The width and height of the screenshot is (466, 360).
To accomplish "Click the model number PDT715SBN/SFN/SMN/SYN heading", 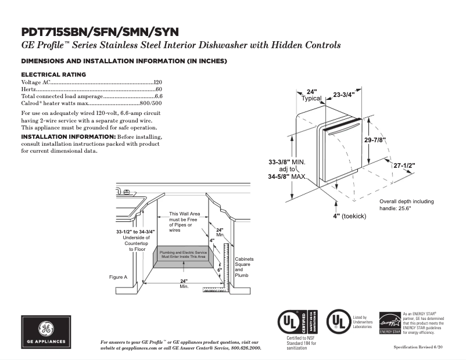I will click(x=100, y=31).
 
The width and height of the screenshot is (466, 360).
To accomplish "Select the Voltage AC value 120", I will click(x=157, y=82).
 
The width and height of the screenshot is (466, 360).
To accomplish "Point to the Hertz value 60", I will click(x=159, y=89).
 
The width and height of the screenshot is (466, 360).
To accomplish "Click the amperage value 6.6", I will click(x=158, y=96).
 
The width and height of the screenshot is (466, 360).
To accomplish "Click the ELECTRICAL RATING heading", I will click(x=53, y=74).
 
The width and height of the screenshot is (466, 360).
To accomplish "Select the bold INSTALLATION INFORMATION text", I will click(x=67, y=136).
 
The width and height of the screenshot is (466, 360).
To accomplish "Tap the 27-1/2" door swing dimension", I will click(x=404, y=165).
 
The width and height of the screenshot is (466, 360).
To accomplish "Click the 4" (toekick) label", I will click(x=349, y=215).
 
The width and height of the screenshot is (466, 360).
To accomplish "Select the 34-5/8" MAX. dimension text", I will click(x=287, y=176).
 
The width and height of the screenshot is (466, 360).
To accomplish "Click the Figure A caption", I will click(x=118, y=277).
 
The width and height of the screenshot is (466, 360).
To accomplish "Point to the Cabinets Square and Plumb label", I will click(x=243, y=267).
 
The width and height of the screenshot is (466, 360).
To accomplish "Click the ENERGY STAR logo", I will click(x=390, y=323).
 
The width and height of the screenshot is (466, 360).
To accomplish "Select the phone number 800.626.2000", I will click(x=245, y=348).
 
